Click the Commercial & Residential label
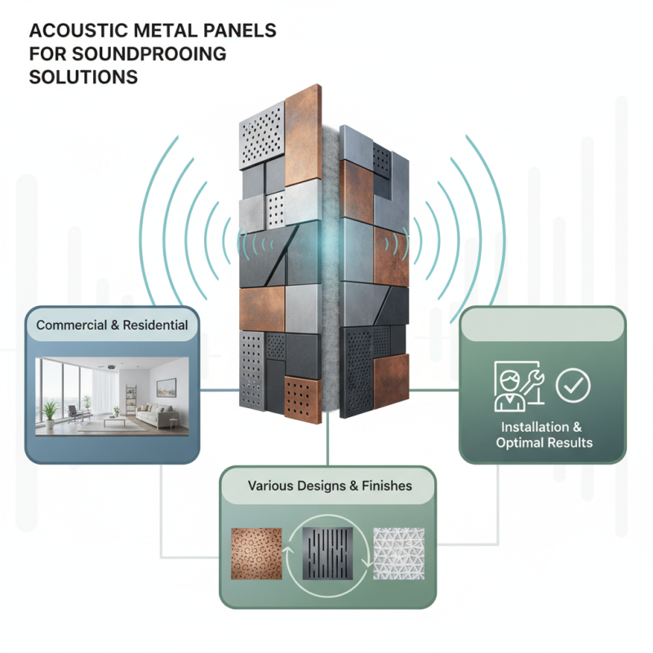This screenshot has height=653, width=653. (112, 325)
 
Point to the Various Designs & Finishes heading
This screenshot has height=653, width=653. (330, 486)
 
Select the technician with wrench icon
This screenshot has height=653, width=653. (519, 386)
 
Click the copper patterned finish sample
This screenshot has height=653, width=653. (257, 552)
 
